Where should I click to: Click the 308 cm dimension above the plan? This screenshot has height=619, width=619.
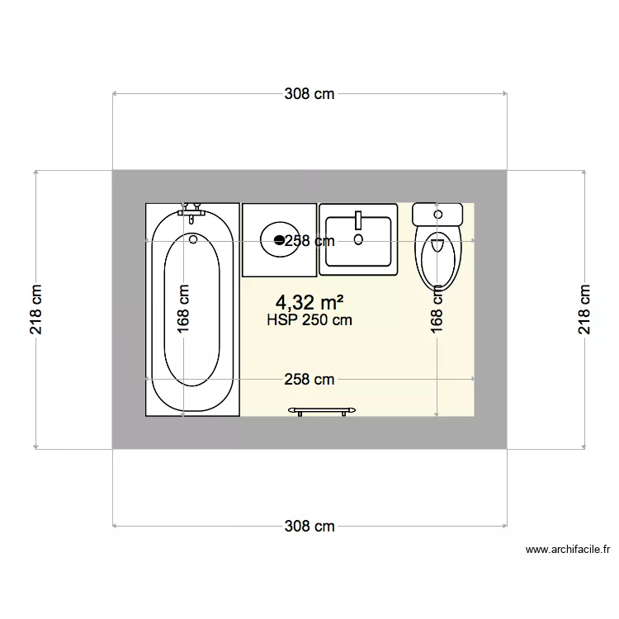click(309, 94)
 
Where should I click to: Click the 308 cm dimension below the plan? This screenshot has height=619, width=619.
click(309, 526)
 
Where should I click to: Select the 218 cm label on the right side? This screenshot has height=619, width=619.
click(584, 310)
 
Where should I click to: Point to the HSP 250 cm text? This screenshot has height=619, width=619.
click(309, 320)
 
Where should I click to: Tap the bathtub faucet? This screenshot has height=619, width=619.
click(192, 210)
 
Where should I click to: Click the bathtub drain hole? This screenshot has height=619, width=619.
click(193, 239)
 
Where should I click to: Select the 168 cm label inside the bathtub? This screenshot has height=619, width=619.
click(183, 309)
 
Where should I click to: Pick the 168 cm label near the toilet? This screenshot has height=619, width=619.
click(437, 309)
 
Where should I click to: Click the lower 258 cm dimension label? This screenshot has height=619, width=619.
click(309, 380)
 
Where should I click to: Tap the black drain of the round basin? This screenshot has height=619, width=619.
click(279, 240)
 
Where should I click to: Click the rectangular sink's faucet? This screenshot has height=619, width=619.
click(358, 220)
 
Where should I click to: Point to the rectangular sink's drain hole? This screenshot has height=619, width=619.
click(358, 239)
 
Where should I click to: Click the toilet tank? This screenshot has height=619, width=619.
click(437, 214)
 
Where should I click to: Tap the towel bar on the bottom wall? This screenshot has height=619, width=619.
click(322, 410)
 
